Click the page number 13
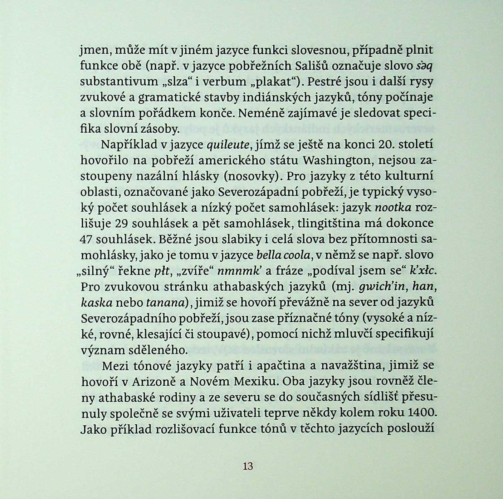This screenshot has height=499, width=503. (x=248, y=466)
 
